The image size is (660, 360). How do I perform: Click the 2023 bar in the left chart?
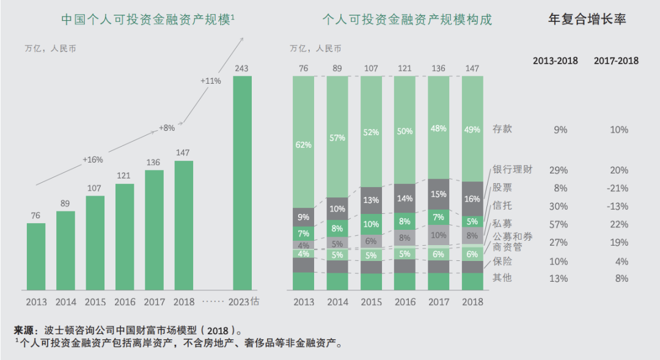point(242,183)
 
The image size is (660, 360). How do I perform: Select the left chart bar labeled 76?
point(36,256)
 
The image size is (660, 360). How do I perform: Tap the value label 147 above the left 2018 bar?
point(183,153)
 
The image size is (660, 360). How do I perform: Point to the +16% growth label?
point(93,160)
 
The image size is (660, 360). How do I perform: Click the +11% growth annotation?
point(210,81)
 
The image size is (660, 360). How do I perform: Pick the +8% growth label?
point(167,128)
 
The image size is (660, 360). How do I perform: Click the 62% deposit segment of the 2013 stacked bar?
point(304,145)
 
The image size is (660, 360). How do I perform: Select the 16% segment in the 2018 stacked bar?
point(472,199)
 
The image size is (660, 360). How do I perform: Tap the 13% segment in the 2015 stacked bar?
point(371,200)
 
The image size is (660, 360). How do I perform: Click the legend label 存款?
point(502,129)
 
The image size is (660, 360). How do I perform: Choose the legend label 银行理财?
point(512,170)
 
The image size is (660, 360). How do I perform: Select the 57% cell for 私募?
point(558,224)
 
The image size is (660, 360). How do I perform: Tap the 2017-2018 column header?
point(616,61)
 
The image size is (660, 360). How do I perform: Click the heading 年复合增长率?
point(587,19)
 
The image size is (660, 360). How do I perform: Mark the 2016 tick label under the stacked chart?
point(405,302)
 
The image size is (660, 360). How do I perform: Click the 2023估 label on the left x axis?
point(244,302)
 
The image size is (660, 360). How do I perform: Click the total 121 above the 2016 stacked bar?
point(405,68)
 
